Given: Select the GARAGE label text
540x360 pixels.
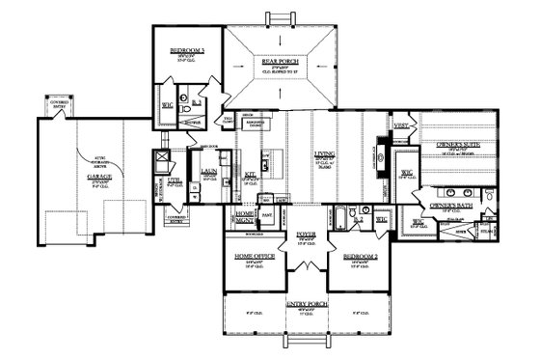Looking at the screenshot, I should tap(99, 178).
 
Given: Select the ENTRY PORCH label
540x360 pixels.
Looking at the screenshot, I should tap(308, 304).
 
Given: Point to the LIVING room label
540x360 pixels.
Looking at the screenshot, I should tap(323, 153).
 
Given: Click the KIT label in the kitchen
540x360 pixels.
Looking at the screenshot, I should tap(249, 175).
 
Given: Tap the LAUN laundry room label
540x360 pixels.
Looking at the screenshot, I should tap(206, 175).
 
